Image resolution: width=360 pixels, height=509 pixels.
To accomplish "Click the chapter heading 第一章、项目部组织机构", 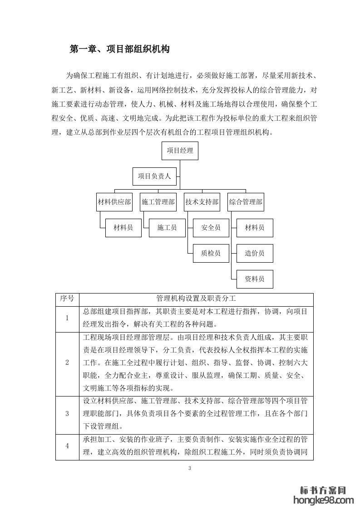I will [x=119, y=49].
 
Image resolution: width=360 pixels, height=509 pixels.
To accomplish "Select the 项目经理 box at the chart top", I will [x=180, y=151].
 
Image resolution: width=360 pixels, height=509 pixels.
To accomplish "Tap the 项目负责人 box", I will [x=154, y=176].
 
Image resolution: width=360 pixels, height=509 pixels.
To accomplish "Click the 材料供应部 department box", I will [x=114, y=202].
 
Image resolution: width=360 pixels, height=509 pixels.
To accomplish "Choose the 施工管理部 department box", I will [x=158, y=202].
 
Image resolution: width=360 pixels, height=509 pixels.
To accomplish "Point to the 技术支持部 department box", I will [x=202, y=202].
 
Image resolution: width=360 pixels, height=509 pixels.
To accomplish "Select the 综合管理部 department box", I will [x=246, y=202].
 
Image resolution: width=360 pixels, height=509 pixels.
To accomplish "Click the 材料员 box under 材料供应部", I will [x=123, y=228].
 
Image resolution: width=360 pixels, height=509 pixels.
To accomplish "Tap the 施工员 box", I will [x=167, y=228].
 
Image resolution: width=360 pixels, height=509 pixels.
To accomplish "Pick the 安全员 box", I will [x=211, y=228].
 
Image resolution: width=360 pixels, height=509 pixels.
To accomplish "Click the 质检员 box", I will [x=211, y=253].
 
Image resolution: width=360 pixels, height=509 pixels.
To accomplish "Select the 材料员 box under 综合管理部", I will [x=255, y=228].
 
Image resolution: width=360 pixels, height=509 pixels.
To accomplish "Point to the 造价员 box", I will [x=255, y=253].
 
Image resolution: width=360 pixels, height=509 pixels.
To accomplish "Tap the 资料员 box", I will [x=255, y=279].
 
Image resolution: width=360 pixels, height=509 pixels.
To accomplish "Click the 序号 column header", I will [x=67, y=299].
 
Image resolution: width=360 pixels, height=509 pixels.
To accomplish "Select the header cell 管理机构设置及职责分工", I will [x=196, y=299].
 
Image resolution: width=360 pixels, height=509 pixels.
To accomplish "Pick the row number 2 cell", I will [x=67, y=362].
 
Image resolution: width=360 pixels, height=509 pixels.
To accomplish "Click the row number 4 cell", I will [x=67, y=446].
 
